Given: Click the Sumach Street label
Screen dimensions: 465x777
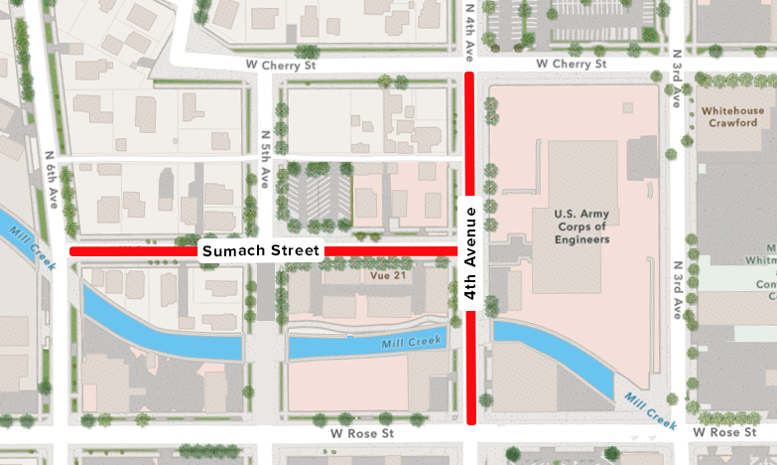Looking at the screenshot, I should point(262,251).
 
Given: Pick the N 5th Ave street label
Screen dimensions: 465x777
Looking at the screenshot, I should point(265,159).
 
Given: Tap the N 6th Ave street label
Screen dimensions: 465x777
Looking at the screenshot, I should point(52,179).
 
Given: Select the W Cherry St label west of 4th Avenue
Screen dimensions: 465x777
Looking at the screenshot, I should point(281,65).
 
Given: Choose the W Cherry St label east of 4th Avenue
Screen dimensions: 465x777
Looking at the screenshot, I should point(571,65).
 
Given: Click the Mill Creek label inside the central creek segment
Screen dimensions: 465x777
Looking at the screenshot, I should point(411,343).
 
